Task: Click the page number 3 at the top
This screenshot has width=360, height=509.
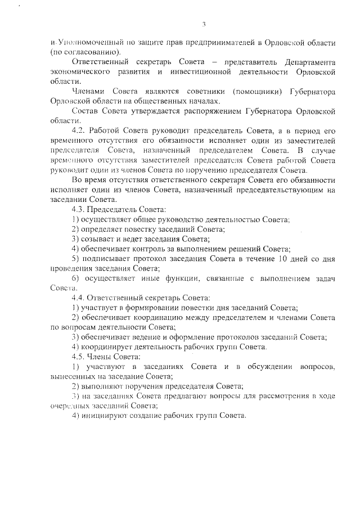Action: tap(205, 24)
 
